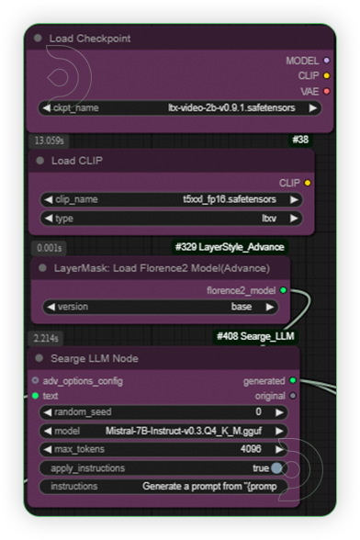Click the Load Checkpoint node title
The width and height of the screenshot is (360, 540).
(x=90, y=39)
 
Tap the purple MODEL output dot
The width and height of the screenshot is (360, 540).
(x=327, y=61)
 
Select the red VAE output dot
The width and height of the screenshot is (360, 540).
(x=327, y=91)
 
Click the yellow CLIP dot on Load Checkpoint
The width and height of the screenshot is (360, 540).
(x=327, y=75)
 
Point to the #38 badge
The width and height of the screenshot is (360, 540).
(x=299, y=139)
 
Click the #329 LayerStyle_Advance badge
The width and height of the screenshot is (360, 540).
(x=229, y=247)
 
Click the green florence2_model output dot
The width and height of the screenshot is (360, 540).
(x=283, y=290)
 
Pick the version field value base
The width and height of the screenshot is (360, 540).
(x=242, y=307)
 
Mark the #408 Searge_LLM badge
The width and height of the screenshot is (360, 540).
(x=256, y=337)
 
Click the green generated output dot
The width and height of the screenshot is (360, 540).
(x=292, y=380)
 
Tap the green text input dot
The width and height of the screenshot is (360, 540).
(x=36, y=396)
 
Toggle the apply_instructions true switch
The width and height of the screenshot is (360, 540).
(x=276, y=468)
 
